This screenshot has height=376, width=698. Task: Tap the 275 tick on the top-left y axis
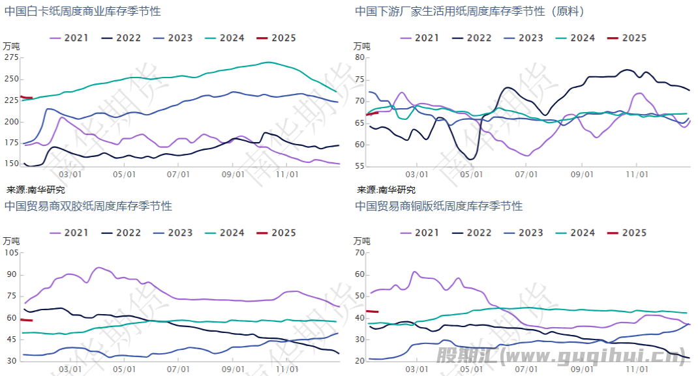click(12, 57)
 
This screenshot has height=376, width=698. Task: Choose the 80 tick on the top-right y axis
click(359, 57)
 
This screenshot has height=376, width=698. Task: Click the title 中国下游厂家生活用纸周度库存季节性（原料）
click(470, 11)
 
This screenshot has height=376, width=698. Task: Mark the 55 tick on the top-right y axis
click(359, 166)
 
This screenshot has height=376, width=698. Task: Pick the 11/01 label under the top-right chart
click(637, 174)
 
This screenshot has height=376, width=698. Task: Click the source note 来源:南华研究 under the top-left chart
click(36, 190)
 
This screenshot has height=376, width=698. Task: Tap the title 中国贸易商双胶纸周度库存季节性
click(88, 206)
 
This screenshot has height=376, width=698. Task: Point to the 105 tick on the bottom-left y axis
click(12, 253)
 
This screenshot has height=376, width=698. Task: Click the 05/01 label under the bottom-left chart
click(124, 368)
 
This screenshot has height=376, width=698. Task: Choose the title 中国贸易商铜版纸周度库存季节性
click(439, 206)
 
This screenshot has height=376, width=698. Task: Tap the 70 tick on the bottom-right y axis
click(359, 253)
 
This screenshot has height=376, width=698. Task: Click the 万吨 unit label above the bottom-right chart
click(362, 240)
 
